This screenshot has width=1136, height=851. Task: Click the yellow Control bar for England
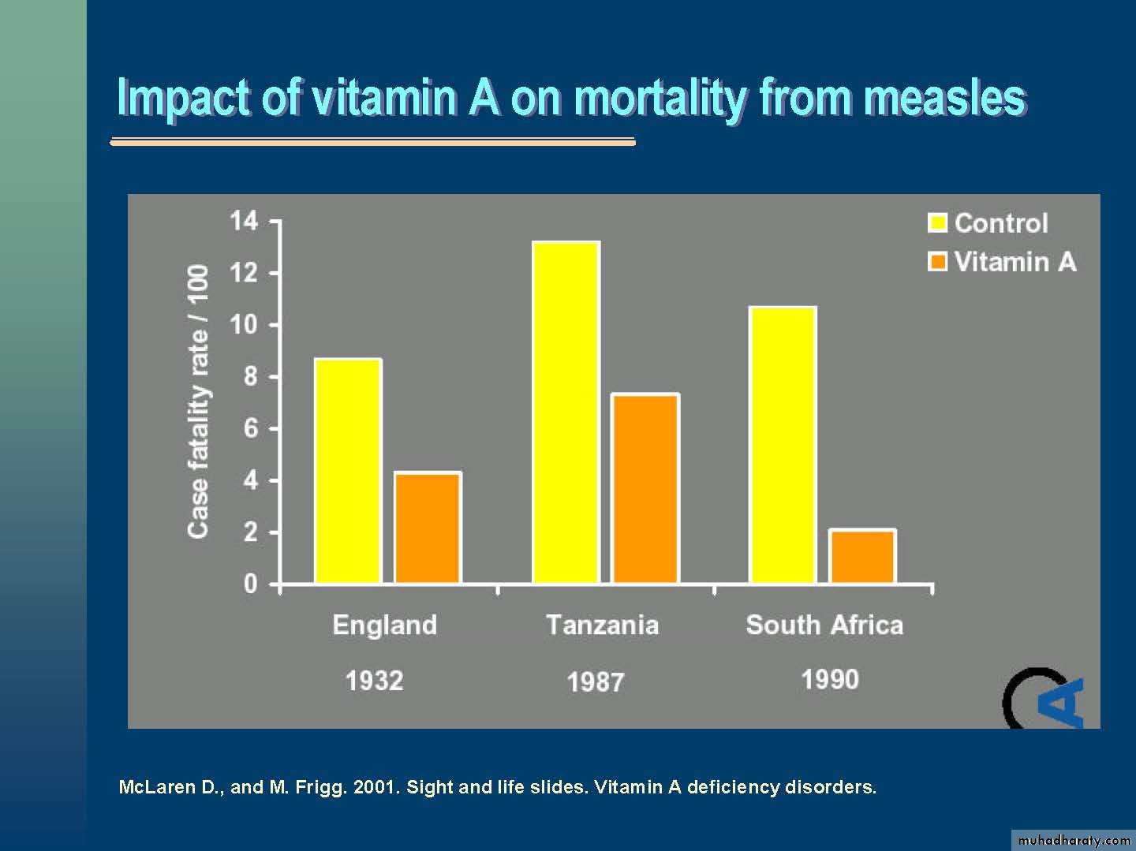point(348,471)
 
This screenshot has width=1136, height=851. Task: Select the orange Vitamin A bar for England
point(428,528)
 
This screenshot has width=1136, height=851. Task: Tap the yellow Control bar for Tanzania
point(566,412)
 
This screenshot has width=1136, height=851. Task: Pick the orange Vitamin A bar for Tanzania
point(645,488)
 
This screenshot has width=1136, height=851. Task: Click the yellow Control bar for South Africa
point(783,445)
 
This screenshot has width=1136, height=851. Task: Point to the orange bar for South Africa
point(862,556)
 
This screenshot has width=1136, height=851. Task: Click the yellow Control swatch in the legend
point(937,223)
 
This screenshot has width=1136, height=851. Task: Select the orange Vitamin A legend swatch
point(937,262)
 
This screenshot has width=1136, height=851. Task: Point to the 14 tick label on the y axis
point(244,221)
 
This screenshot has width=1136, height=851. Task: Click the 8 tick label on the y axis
point(250,376)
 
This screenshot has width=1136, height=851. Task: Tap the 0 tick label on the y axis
point(250,584)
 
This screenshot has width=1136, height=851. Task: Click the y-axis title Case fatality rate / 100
point(198,401)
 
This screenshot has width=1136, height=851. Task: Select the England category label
point(384,625)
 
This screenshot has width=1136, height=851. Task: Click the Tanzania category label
point(602,625)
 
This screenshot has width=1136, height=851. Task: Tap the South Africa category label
point(824,625)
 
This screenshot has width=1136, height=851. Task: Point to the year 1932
point(374,681)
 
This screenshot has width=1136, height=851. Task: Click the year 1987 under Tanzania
point(595,682)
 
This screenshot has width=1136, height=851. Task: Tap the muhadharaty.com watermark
point(1074,840)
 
